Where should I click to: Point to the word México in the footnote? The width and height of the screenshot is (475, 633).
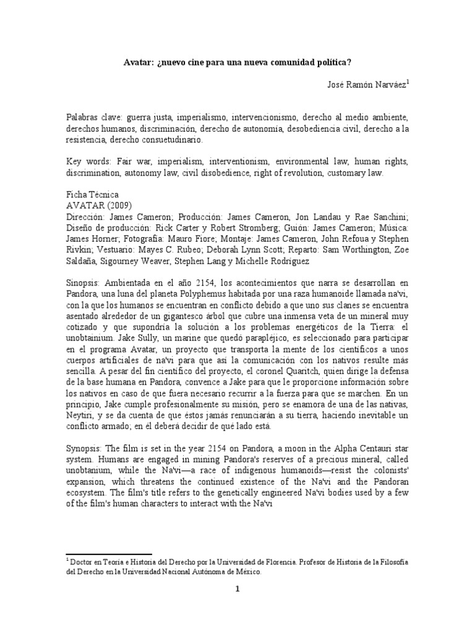click(246, 572)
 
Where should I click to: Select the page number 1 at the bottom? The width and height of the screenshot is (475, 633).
click(237, 606)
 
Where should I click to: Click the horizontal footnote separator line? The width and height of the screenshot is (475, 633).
click(108, 554)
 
